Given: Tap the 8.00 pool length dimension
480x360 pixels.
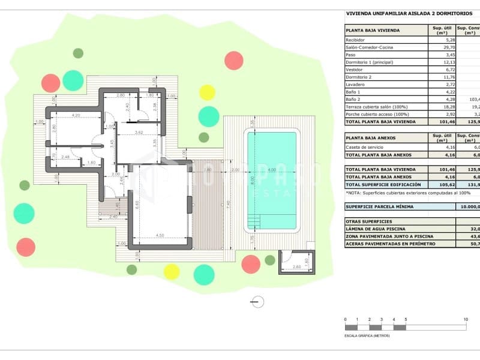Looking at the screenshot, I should (x=253, y=178).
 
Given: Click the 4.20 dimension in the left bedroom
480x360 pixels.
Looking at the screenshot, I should (x=76, y=115).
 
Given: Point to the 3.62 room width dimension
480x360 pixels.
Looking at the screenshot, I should (x=139, y=132).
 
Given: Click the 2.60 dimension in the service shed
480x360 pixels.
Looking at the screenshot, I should (x=296, y=266).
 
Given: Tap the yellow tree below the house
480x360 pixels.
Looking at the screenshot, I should (x=172, y=272).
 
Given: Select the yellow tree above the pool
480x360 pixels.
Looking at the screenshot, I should (x=207, y=92).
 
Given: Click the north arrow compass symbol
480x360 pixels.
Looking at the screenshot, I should (x=258, y=302).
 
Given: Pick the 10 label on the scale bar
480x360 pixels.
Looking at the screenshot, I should (x=465, y=319).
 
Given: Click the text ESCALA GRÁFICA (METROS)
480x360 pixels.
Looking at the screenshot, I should (x=367, y=336).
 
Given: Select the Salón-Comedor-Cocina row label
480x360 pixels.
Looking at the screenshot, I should (x=369, y=47).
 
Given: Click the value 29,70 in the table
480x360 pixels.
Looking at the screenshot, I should (x=440, y=47).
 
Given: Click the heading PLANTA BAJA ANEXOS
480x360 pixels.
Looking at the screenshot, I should (x=370, y=137).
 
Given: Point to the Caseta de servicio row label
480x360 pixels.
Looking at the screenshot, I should (x=364, y=147).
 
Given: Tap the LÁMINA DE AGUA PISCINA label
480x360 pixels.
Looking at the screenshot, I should (x=376, y=229).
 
